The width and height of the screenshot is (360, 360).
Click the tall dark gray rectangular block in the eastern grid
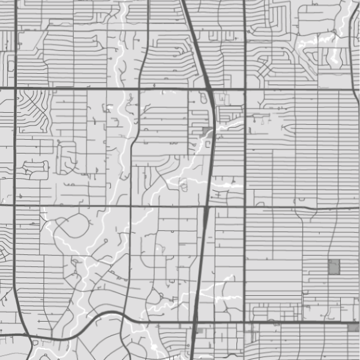pos(334,267)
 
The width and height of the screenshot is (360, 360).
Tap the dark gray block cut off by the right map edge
pos(353,327)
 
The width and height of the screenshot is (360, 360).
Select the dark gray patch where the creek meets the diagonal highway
pos(207,131)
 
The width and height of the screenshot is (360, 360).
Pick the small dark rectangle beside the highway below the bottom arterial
pos(200,331)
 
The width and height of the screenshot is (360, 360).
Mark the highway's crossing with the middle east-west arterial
pos(206,207)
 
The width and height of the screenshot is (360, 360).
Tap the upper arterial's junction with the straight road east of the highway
pos(245,89)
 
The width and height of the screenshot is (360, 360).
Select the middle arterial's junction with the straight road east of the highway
pos(245,207)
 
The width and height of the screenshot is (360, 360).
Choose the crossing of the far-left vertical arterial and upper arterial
pos(14,89)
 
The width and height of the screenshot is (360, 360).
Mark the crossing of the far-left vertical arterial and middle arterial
pos(14,206)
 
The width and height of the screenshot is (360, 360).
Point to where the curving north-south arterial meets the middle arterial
pos(131,206)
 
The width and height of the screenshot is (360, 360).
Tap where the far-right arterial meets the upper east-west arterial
pos(353,89)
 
